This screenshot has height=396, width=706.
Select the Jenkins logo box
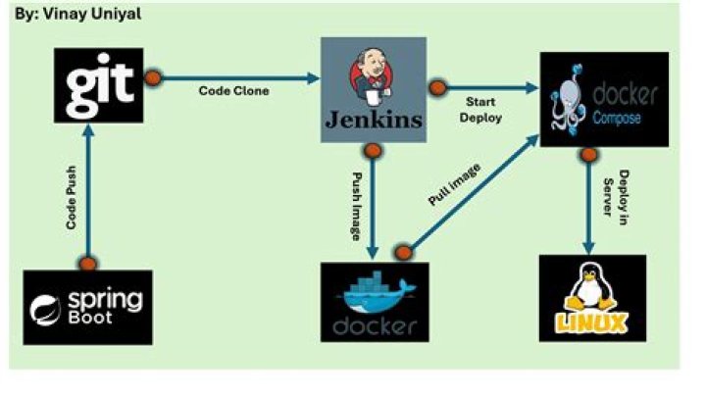pos(374,90)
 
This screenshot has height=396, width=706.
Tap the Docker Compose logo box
pos(603,100)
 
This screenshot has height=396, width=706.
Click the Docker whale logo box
pos(375,301)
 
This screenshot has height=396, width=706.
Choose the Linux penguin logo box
pos(592,298)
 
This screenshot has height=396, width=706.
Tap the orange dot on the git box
pos(153,77)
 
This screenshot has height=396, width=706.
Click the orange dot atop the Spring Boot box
pos(88,263)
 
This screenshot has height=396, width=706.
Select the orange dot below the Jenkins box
pos(372,150)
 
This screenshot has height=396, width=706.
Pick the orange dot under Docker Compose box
pos(588,154)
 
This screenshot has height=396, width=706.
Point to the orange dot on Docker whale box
pos(402,253)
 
